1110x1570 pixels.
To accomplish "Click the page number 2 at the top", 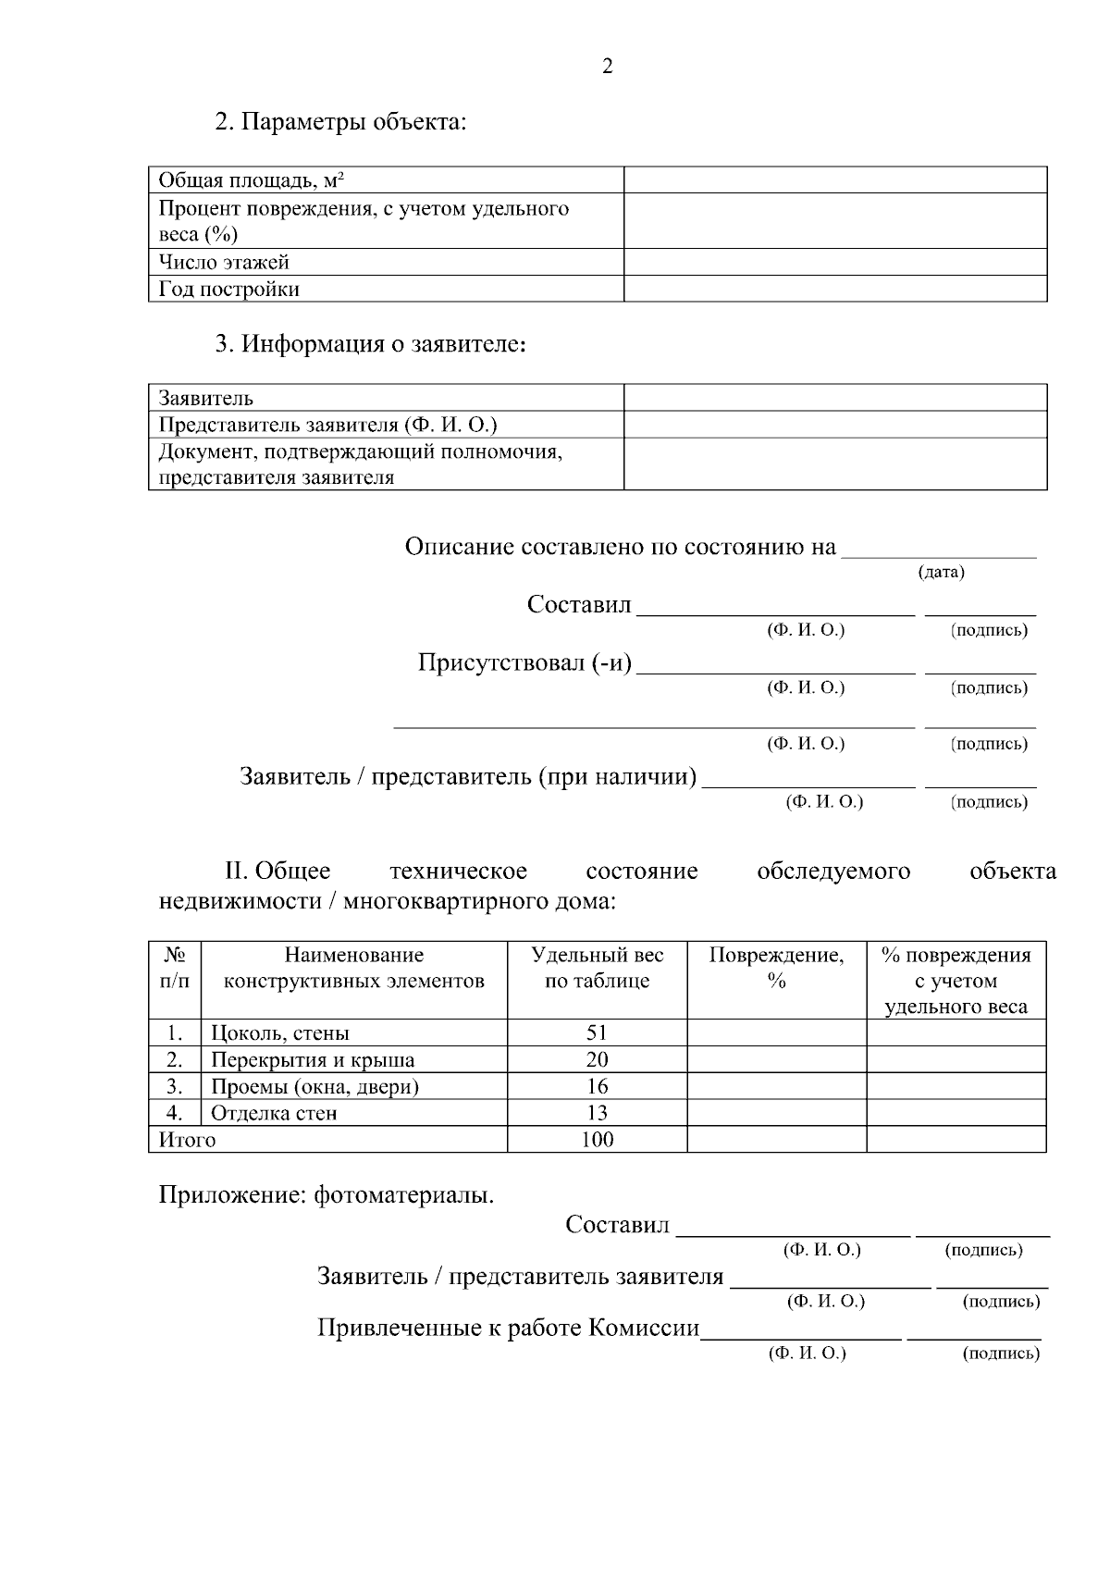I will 607,67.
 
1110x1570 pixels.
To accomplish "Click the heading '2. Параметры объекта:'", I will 340,122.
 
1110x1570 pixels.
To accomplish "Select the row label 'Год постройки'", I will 229,289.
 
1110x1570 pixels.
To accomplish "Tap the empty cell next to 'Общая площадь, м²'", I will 835,179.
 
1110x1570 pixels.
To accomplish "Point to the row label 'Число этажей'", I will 224,262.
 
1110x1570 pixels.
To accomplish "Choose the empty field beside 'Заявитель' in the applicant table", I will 835,398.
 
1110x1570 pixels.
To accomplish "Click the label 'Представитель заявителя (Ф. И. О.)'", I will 328,425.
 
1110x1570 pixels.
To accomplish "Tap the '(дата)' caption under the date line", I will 941,572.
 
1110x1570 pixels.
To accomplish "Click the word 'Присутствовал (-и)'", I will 524,663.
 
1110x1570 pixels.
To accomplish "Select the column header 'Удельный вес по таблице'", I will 597,968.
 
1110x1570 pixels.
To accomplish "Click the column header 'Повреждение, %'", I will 776,968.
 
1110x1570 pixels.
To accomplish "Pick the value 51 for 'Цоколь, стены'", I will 597,1032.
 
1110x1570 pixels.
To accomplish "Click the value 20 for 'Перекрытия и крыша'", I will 597,1059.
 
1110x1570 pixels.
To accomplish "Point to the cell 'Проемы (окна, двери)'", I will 314,1086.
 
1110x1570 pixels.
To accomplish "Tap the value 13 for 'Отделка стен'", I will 597,1113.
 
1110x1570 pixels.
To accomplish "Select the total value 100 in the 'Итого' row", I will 597,1140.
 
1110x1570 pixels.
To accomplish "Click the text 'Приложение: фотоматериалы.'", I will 327,1195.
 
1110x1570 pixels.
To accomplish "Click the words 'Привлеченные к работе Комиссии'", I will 509,1329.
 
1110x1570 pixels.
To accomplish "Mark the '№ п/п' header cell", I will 175,968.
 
